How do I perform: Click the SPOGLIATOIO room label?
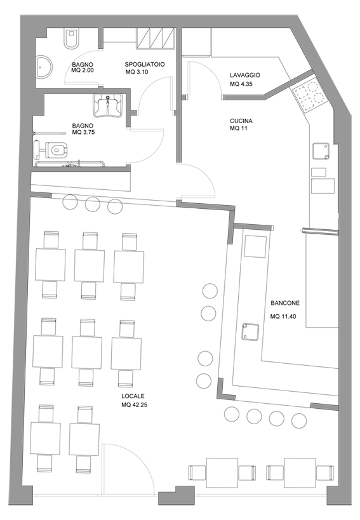click(x=145, y=64)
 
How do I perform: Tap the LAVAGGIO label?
click(x=245, y=76)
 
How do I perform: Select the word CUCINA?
click(x=241, y=121)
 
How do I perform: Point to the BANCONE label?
click(x=285, y=303)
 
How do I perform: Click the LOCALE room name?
click(x=133, y=396)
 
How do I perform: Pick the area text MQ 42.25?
click(x=134, y=405)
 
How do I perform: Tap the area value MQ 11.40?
click(x=283, y=317)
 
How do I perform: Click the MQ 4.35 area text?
click(x=241, y=84)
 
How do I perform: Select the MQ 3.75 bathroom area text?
click(x=84, y=133)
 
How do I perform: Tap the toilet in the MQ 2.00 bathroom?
click(x=72, y=39)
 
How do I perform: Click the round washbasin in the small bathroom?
click(x=44, y=67)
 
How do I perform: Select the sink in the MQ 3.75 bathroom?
click(x=107, y=105)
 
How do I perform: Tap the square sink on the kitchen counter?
click(x=321, y=152)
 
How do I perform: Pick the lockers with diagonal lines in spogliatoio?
click(x=156, y=39)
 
